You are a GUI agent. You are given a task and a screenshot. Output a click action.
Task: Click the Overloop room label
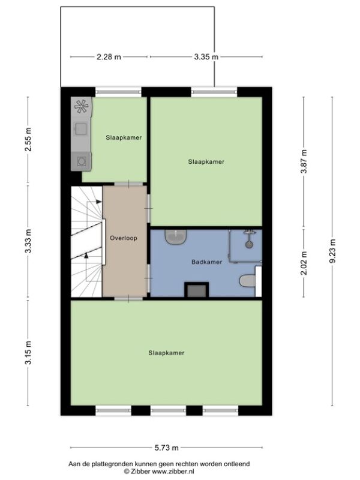tap(124, 238)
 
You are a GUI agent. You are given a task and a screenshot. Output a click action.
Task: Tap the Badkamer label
tap(206, 262)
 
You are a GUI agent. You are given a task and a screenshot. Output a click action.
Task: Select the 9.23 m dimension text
tap(332, 251)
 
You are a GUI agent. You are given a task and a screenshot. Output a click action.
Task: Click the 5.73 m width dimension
tap(166, 448)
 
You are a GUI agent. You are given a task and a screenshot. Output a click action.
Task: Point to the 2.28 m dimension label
tap(109, 57)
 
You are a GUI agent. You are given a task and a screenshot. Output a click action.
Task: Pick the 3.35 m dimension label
tap(206, 57)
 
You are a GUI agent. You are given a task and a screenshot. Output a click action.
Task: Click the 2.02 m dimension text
tap(304, 263)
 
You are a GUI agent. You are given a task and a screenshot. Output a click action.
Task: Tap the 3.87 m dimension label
tap(304, 161)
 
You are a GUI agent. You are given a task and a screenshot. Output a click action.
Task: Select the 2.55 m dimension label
tap(28, 140)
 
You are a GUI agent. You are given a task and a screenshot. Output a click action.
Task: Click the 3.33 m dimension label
tap(28, 241)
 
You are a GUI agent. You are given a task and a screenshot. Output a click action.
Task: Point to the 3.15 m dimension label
tap(28, 353)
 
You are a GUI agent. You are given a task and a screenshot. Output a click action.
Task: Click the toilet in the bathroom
tap(247, 280)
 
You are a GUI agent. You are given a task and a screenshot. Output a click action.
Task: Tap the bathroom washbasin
tap(176, 237)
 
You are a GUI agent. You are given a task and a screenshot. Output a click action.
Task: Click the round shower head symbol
tap(249, 244)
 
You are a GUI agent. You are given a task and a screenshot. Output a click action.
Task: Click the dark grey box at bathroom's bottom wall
tap(197, 290)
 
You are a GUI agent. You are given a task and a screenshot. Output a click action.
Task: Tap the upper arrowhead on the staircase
tap(99, 202)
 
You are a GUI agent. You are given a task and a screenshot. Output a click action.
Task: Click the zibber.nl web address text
tap(174, 472)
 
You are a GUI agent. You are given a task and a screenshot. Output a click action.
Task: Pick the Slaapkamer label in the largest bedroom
tap(166, 353)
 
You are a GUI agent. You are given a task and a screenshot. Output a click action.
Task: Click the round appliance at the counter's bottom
tap(82, 161)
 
